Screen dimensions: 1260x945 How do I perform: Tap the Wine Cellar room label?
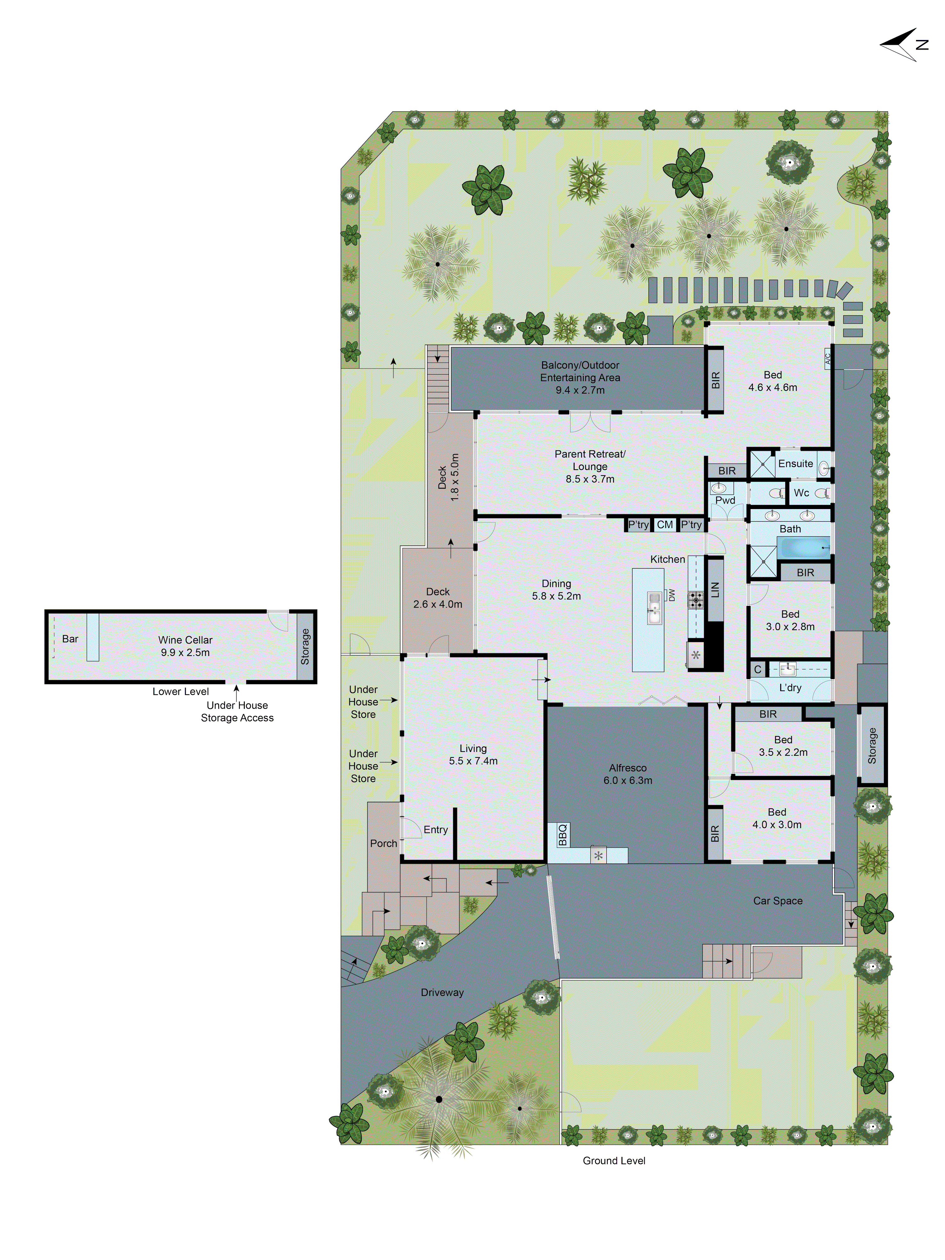[x=185, y=640]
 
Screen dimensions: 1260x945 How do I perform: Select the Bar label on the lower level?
[x=70, y=639]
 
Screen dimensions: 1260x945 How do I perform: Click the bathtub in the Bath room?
[x=804, y=547]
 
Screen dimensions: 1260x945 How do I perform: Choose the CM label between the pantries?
[x=665, y=524]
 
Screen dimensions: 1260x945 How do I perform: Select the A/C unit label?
[x=828, y=358]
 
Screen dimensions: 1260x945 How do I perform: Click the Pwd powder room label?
[x=725, y=500]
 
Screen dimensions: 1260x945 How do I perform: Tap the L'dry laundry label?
[x=790, y=688]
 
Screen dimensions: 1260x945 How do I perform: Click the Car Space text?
[x=777, y=901]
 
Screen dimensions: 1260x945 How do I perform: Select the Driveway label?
[x=442, y=992]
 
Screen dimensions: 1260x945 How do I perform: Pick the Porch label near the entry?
[x=383, y=843]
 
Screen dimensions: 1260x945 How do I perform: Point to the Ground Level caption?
[x=614, y=1160]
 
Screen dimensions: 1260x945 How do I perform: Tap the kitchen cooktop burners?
[x=696, y=600]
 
